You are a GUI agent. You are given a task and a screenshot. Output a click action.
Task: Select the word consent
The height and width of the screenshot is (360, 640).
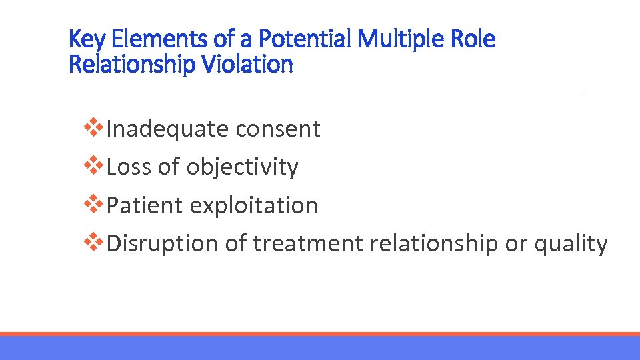point(281,129)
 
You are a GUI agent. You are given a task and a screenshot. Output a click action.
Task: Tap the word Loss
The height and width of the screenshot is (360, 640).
point(129,167)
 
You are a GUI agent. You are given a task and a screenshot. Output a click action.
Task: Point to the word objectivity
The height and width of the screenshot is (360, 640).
point(242,167)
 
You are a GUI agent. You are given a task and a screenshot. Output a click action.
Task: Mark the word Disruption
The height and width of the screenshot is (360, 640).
point(162,243)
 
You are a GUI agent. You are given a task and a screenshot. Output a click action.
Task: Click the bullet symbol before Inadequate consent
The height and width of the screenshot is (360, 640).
point(95,127)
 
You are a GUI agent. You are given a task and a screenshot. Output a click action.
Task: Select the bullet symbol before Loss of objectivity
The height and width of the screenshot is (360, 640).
point(95,165)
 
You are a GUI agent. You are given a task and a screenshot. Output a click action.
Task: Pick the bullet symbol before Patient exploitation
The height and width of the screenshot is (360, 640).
point(95,203)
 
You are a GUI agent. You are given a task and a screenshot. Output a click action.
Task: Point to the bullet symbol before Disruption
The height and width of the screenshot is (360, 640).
point(95,241)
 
